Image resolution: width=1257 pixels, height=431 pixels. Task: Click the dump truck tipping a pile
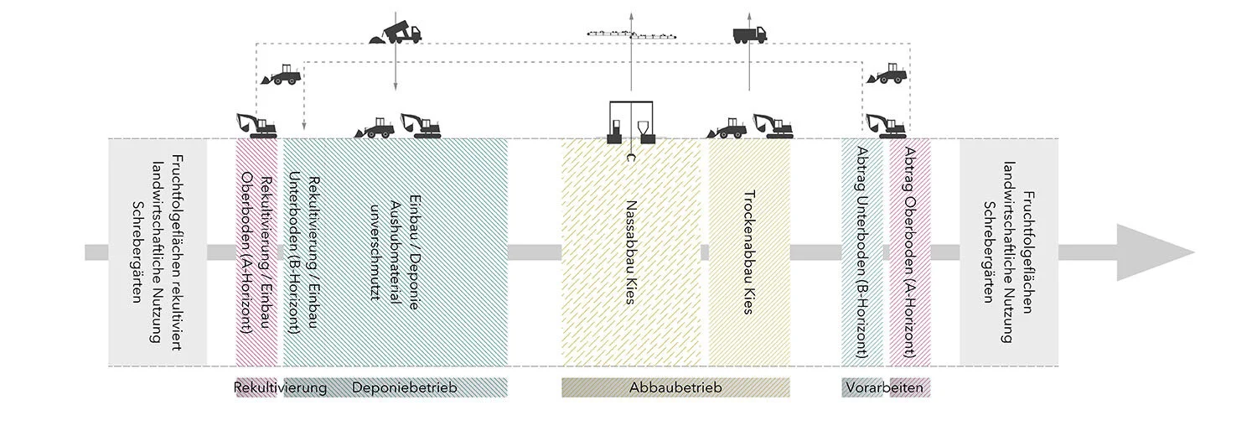pos(396,34)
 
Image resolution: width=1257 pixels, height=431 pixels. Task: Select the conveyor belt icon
pos(631,34)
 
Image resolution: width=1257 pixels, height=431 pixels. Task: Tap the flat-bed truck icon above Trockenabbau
pos(750,34)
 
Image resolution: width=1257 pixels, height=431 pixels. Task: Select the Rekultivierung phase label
pos(280,387)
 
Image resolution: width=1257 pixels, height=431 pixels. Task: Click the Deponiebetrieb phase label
pos(405,387)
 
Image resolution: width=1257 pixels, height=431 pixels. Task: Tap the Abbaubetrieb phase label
pos(675,387)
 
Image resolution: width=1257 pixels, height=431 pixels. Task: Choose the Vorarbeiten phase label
pos(884,387)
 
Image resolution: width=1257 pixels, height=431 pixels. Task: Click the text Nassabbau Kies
pos(631,252)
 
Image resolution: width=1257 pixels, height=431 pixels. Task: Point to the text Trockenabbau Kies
pos(749,252)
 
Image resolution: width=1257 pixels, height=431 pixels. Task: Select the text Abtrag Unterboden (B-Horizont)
pos(862,252)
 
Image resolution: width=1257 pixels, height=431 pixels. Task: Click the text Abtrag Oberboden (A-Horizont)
pos(910,252)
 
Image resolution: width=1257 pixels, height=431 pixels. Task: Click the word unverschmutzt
pos(375,252)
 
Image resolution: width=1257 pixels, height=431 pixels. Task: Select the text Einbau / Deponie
pos(415,252)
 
